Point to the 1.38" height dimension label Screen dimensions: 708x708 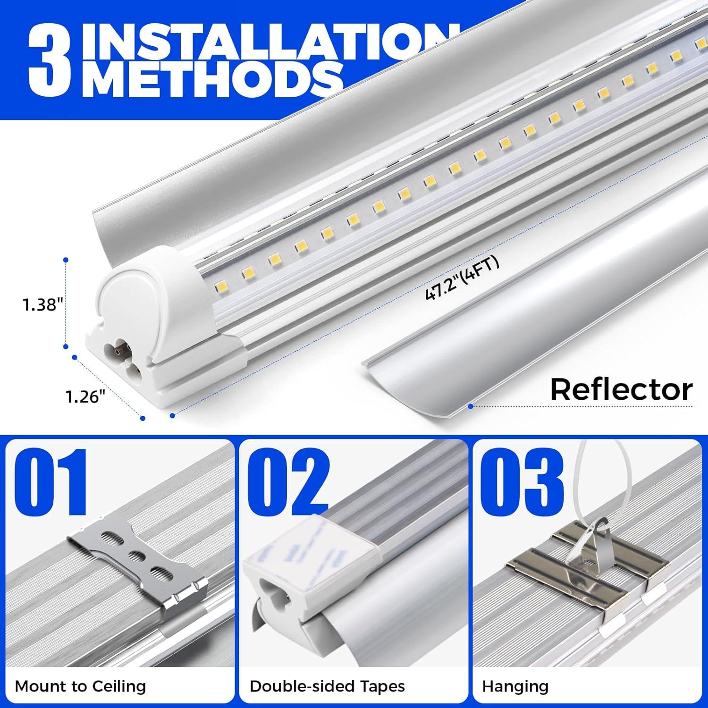[42, 305]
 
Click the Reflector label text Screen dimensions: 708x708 [621, 390]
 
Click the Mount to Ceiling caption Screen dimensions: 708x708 [80, 686]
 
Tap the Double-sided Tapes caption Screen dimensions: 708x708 [327, 686]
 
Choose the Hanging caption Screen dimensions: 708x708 [515, 686]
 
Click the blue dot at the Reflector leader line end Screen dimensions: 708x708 [470, 405]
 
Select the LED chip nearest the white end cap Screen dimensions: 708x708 [220, 287]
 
